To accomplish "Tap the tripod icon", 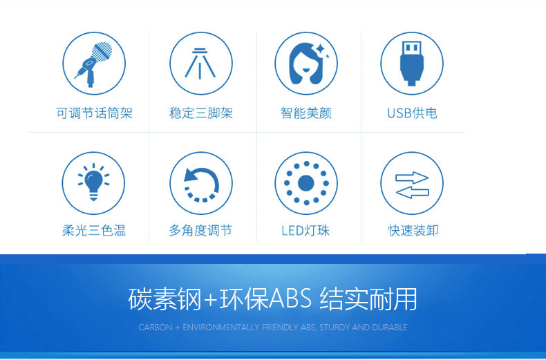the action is pyautogui.click(x=200, y=64).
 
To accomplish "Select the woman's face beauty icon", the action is pyautogui.click(x=306, y=64).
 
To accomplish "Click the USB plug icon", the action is pyautogui.click(x=412, y=64).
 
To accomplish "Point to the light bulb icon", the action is pyautogui.click(x=93, y=182).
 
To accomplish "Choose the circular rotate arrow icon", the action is pyautogui.click(x=201, y=184).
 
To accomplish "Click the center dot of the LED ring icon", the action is pyautogui.click(x=306, y=183).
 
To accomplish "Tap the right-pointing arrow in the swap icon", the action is pyautogui.click(x=412, y=178).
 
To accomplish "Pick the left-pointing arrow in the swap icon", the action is pyautogui.click(x=412, y=192).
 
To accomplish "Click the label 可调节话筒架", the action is pyautogui.click(x=95, y=113).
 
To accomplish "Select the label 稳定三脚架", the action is pyautogui.click(x=201, y=113).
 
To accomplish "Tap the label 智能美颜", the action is pyautogui.click(x=306, y=113).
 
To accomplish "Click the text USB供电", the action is pyautogui.click(x=412, y=113).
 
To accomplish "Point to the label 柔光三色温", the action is pyautogui.click(x=94, y=230).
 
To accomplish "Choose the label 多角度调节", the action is pyautogui.click(x=200, y=230).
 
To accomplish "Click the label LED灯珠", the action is pyautogui.click(x=305, y=230).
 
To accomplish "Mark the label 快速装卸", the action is pyautogui.click(x=413, y=230).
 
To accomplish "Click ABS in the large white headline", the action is pyautogui.click(x=290, y=299).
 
